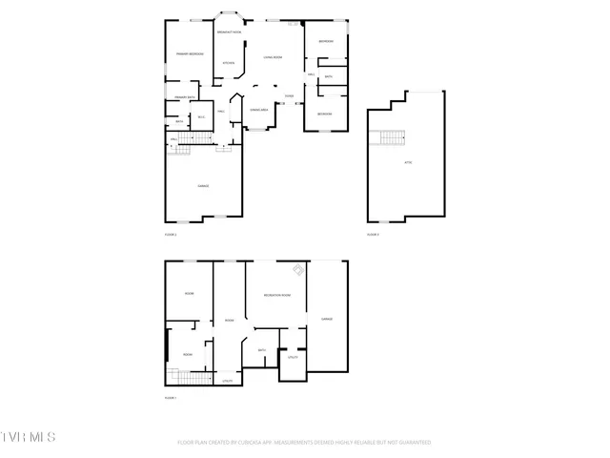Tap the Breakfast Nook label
229,32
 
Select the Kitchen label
229,64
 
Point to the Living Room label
273,57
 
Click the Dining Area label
257,111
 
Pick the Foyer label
289,96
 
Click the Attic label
408,163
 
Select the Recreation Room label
276,296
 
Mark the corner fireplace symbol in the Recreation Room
298,271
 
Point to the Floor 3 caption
374,234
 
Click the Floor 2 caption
171,234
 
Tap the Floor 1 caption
171,397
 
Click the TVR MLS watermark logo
29,437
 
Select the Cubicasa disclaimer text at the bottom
304,443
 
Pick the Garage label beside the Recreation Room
326,319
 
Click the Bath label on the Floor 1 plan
261,350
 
